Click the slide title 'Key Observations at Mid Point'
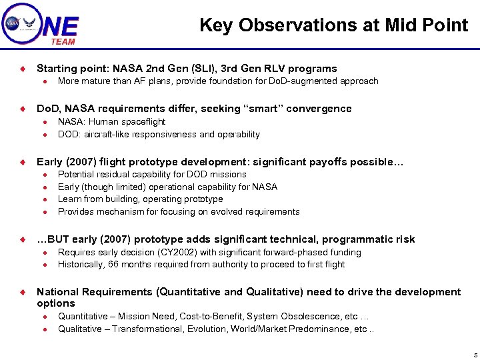point(333,25)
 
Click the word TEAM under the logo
point(63,41)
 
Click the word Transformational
point(145,329)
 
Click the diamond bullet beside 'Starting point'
point(22,69)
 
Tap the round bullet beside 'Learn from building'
point(43,199)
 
